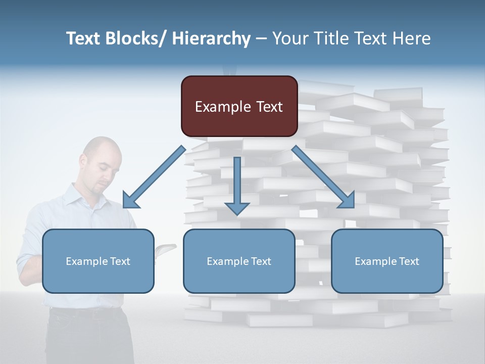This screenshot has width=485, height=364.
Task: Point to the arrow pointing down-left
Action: click(x=154, y=177)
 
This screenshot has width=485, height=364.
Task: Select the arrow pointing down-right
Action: click(x=323, y=177)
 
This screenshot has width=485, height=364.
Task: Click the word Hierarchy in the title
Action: click(x=211, y=38)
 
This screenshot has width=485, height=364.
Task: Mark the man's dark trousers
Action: click(x=86, y=336)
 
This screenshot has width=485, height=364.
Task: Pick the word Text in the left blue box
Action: click(x=120, y=261)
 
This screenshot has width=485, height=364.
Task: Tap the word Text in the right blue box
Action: click(x=409, y=261)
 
